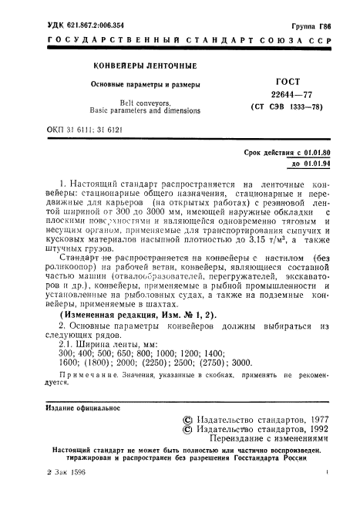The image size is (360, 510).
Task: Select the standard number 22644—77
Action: tap(280, 94)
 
